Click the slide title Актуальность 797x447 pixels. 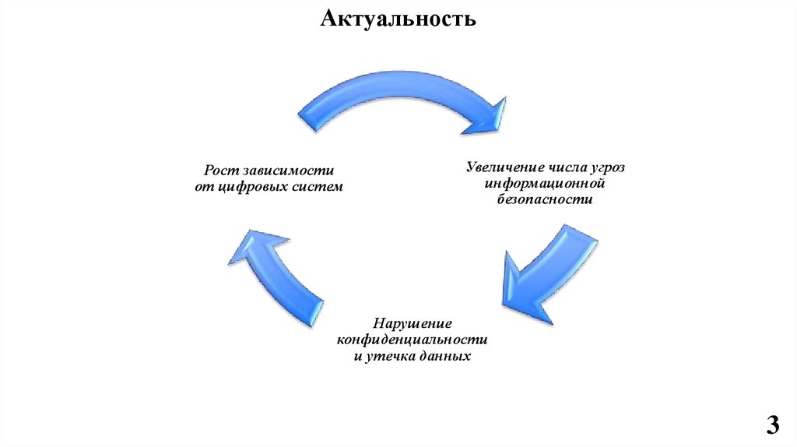tap(398, 18)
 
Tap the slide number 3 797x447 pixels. tap(772, 425)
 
